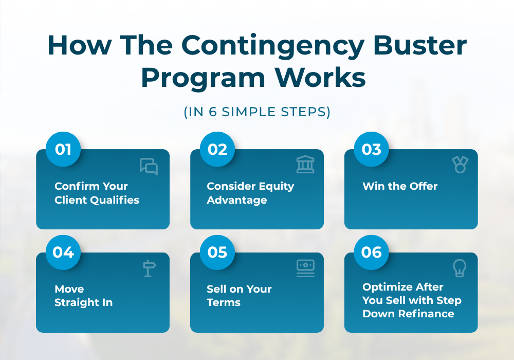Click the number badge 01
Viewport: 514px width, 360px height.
[x=63, y=150]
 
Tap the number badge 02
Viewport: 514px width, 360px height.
[x=217, y=150]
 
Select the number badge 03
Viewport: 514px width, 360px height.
[x=372, y=150]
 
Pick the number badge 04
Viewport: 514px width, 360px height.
[x=63, y=253]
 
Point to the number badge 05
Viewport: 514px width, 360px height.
[x=217, y=253]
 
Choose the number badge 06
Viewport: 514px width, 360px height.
[x=372, y=253]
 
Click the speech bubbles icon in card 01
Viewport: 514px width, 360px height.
[x=149, y=166]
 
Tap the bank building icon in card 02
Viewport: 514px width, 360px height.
[x=305, y=165]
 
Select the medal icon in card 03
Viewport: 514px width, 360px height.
[x=460, y=165]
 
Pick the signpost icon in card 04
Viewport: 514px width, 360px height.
[x=149, y=268]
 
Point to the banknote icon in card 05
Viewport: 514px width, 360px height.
[x=305, y=268]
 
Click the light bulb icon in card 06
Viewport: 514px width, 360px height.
[x=459, y=268]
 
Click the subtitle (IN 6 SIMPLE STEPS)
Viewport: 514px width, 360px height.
[x=257, y=112]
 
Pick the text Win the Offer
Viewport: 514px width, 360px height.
[x=400, y=186]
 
